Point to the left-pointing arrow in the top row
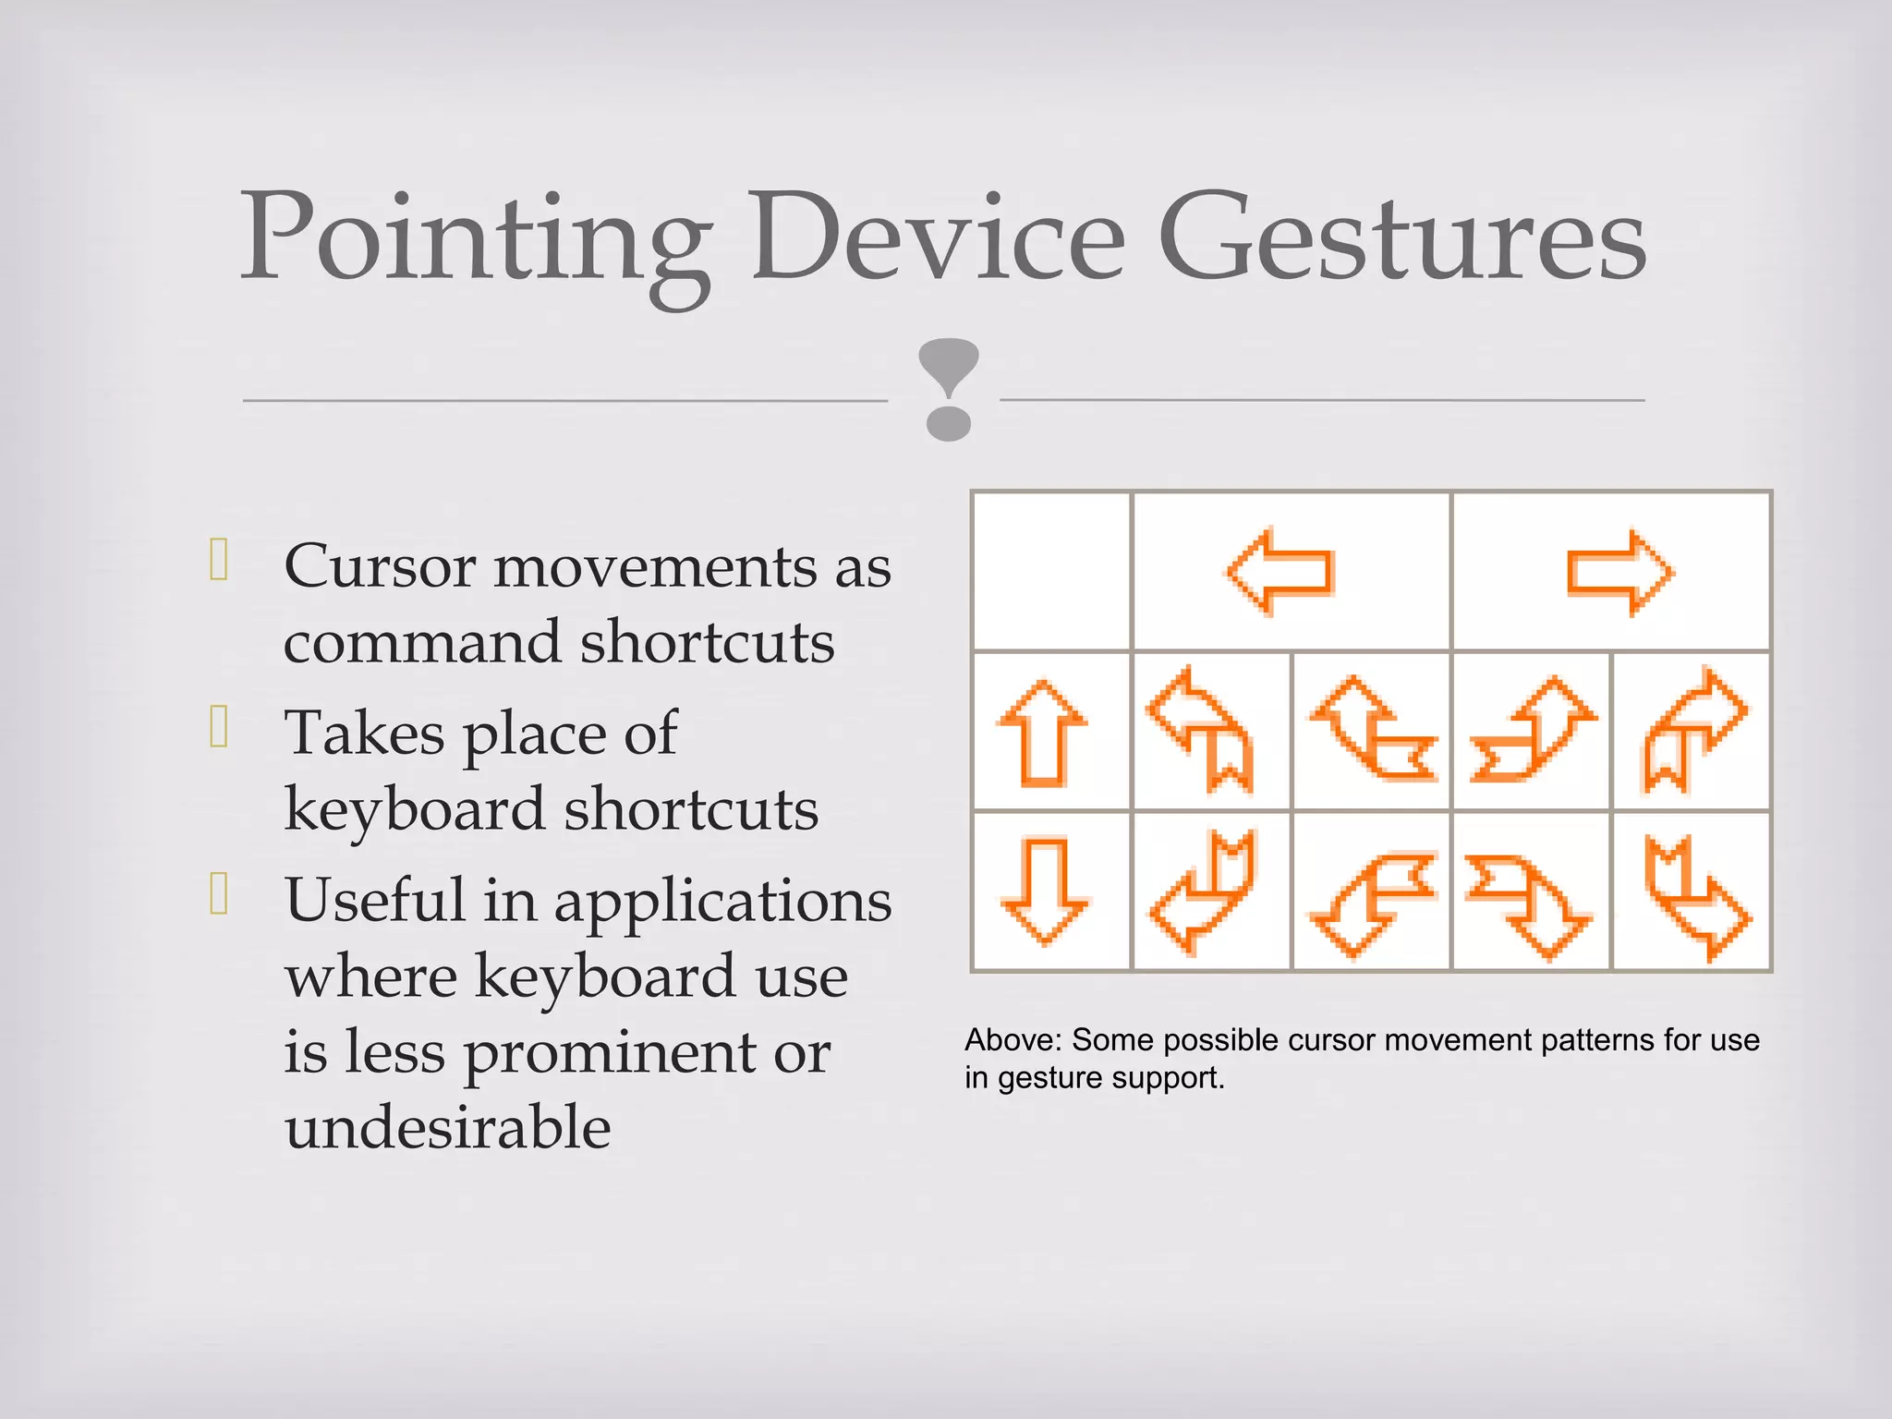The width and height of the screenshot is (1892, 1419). pos(1280,571)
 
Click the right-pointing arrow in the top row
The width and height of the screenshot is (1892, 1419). pos(1619,572)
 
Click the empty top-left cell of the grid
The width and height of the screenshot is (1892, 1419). pos(1052,571)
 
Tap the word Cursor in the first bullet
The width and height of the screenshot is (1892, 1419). pos(380,565)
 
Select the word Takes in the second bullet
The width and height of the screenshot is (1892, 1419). pos(365,734)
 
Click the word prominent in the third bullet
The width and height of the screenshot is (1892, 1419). pos(610,1052)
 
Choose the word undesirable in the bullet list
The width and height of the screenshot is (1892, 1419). pos(448,1127)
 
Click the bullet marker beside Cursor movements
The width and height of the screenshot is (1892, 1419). pos(219,559)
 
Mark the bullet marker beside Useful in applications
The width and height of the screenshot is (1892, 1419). pos(219,893)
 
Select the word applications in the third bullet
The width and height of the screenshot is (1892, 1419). pos(722,901)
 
